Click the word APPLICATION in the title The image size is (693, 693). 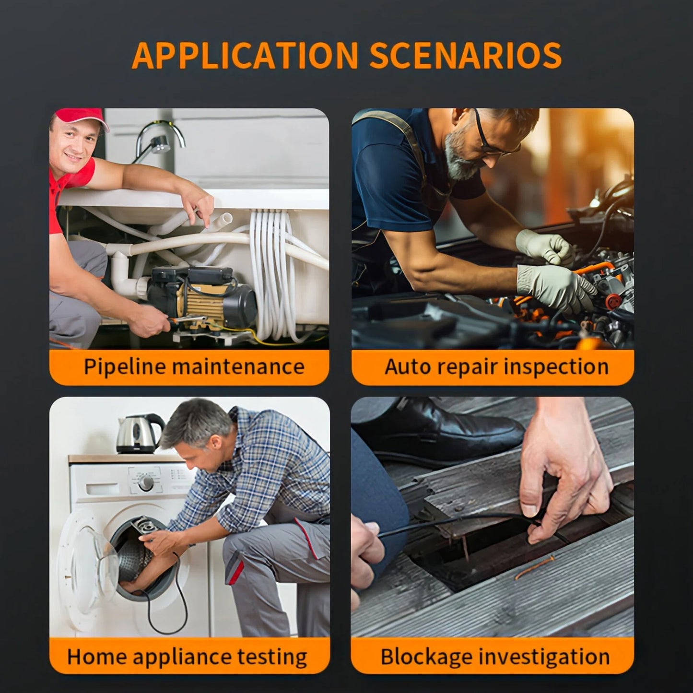(245, 55)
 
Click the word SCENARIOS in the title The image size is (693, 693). (465, 55)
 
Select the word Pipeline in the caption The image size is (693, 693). (124, 367)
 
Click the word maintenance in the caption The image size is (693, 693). (238, 366)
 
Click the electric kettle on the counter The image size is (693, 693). (139, 434)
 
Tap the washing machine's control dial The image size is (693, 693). (146, 482)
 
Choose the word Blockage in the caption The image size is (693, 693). (426, 658)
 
